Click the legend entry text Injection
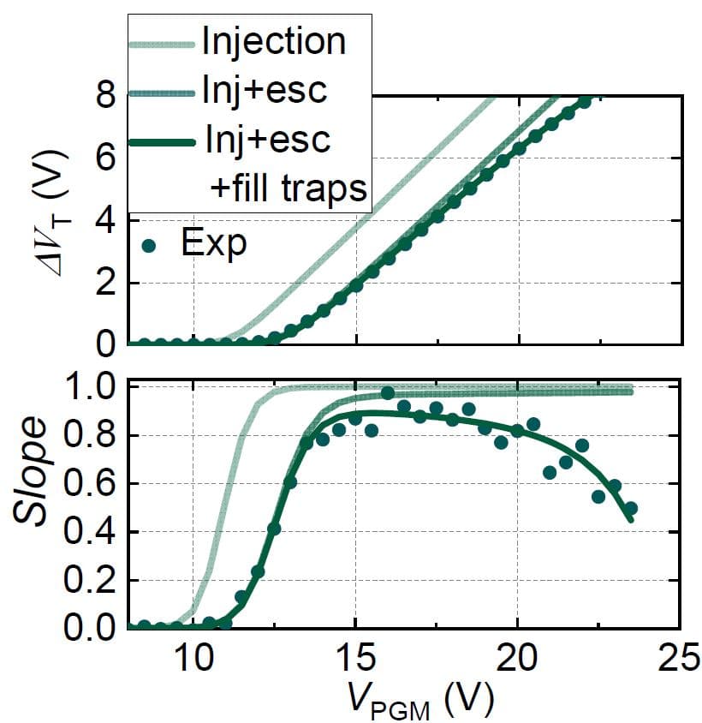point(273,41)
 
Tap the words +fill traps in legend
point(289,189)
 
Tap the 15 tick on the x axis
point(355,660)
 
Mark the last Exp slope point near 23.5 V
point(631,509)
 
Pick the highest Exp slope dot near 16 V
point(387,393)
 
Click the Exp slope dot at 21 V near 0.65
point(550,472)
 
